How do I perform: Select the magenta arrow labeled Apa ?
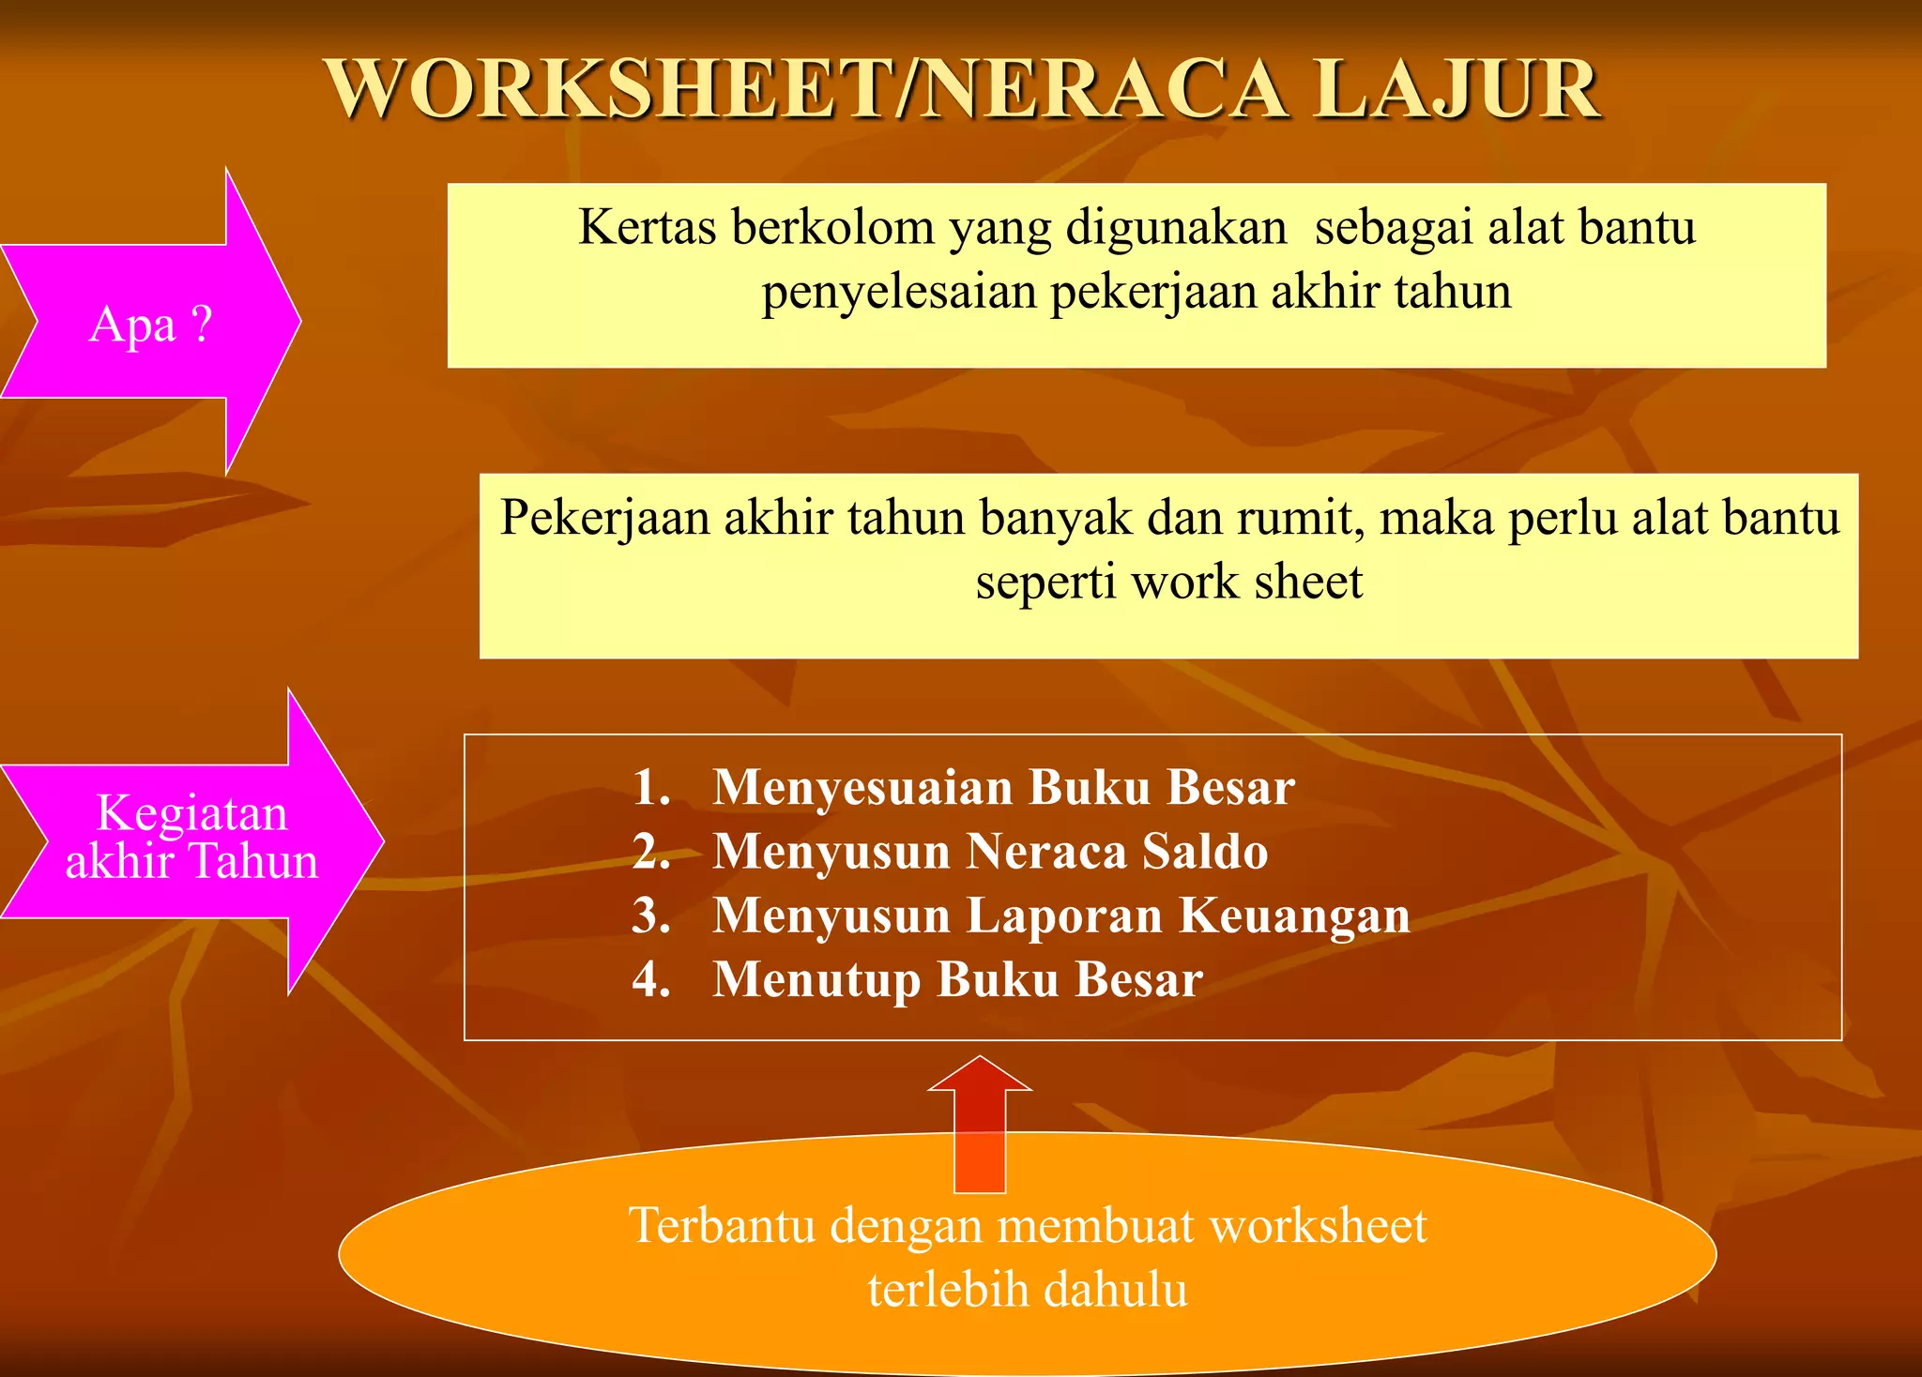point(150,323)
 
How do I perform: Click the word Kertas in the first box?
point(648,228)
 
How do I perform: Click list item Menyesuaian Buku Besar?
point(1003,787)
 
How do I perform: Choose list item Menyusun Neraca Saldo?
point(990,852)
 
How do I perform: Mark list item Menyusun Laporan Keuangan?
point(1060,915)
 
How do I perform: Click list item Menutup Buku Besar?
point(957,979)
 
